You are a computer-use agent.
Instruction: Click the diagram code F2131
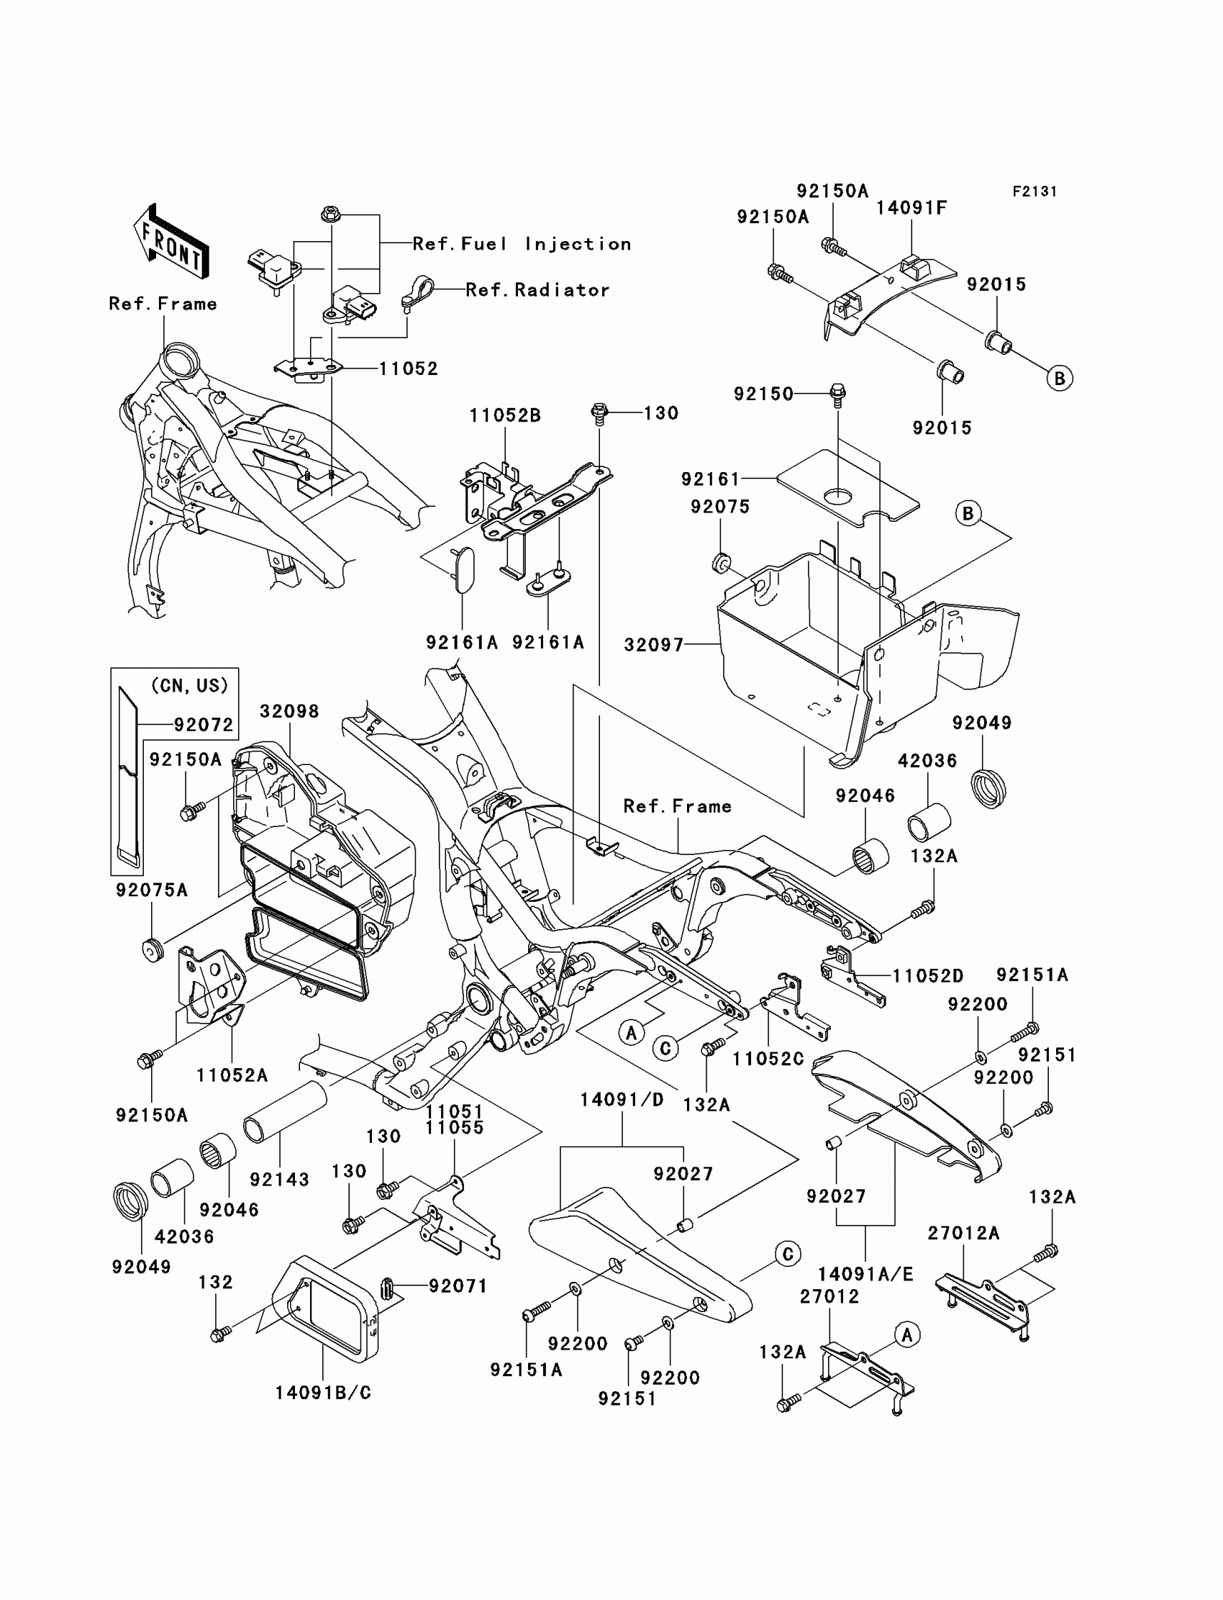(x=1035, y=191)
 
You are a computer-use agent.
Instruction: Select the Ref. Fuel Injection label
(x=522, y=244)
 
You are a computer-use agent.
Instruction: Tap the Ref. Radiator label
(x=538, y=290)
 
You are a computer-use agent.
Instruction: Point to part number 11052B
(x=505, y=416)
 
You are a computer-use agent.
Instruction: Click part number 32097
(x=655, y=644)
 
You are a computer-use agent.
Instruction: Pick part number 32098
(x=290, y=711)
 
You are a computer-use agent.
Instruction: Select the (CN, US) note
(x=190, y=685)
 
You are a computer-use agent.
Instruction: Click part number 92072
(x=204, y=725)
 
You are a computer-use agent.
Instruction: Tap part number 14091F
(x=911, y=208)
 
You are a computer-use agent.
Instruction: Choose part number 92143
(x=280, y=1179)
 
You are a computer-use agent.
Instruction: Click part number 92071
(x=458, y=1286)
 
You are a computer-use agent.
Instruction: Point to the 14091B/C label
(x=323, y=1393)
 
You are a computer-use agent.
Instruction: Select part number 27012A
(x=964, y=1233)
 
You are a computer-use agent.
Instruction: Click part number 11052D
(x=928, y=976)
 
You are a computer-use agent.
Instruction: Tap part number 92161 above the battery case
(x=711, y=479)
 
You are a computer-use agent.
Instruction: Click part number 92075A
(x=151, y=890)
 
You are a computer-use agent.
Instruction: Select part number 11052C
(x=768, y=1059)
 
